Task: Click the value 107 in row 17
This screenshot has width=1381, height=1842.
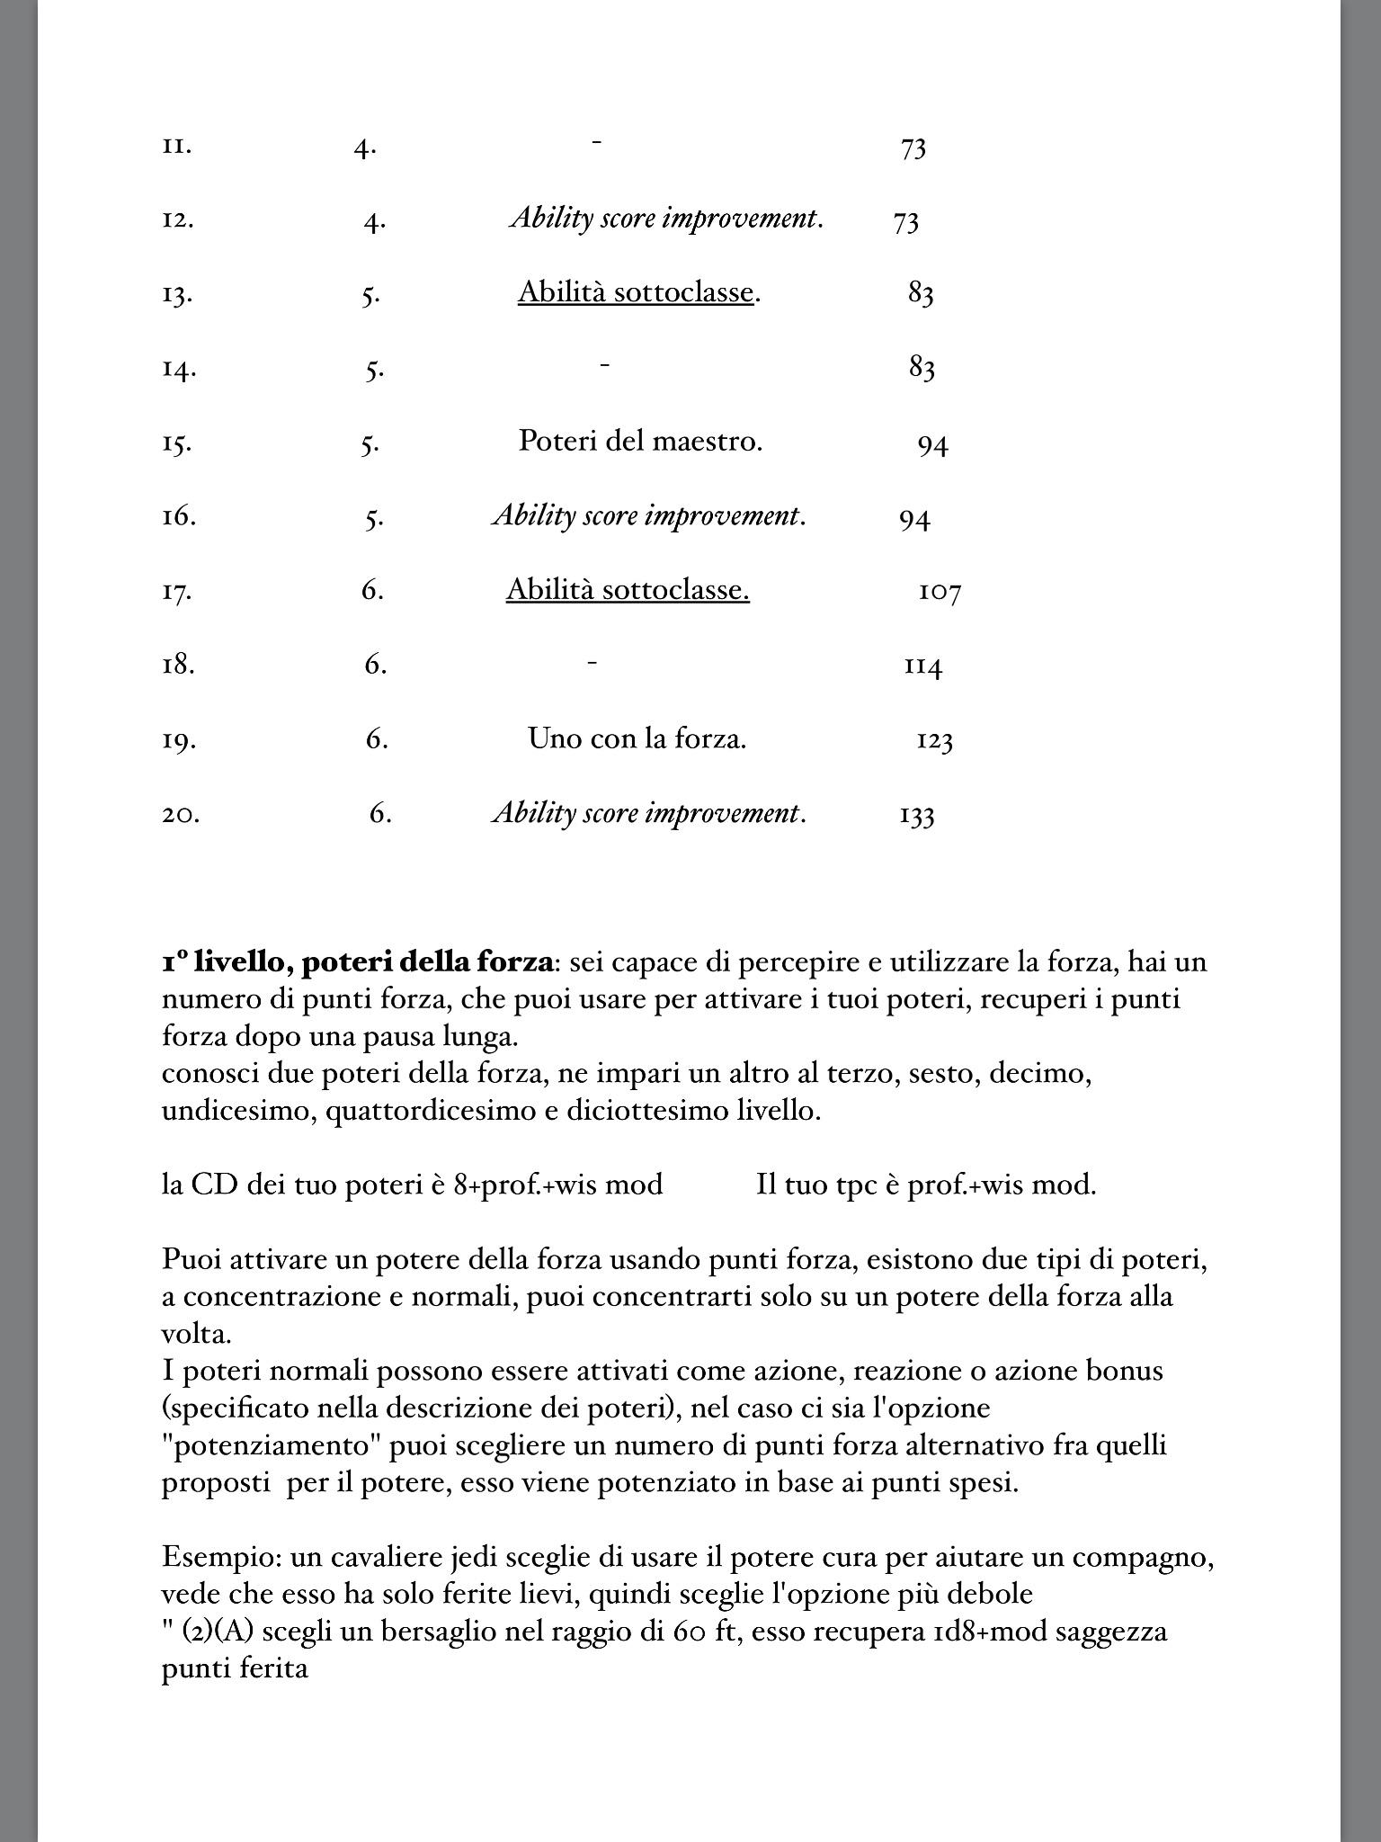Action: click(940, 593)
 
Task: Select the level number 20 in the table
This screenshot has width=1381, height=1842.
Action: click(180, 814)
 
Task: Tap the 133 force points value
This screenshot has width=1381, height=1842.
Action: click(916, 816)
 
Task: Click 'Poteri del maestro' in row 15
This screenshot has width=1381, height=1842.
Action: click(640, 442)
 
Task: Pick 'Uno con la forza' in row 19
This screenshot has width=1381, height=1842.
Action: click(637, 739)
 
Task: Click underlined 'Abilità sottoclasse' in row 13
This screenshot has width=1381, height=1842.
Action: click(636, 293)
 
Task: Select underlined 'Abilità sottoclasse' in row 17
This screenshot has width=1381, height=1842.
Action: click(628, 590)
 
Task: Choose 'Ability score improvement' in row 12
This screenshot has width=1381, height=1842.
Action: click(665, 219)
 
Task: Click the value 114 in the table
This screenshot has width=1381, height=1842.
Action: click(922, 666)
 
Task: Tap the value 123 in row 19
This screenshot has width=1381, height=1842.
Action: click(934, 741)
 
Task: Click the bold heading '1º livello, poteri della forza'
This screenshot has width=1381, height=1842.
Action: click(357, 962)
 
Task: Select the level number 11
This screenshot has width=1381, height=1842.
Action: click(176, 146)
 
